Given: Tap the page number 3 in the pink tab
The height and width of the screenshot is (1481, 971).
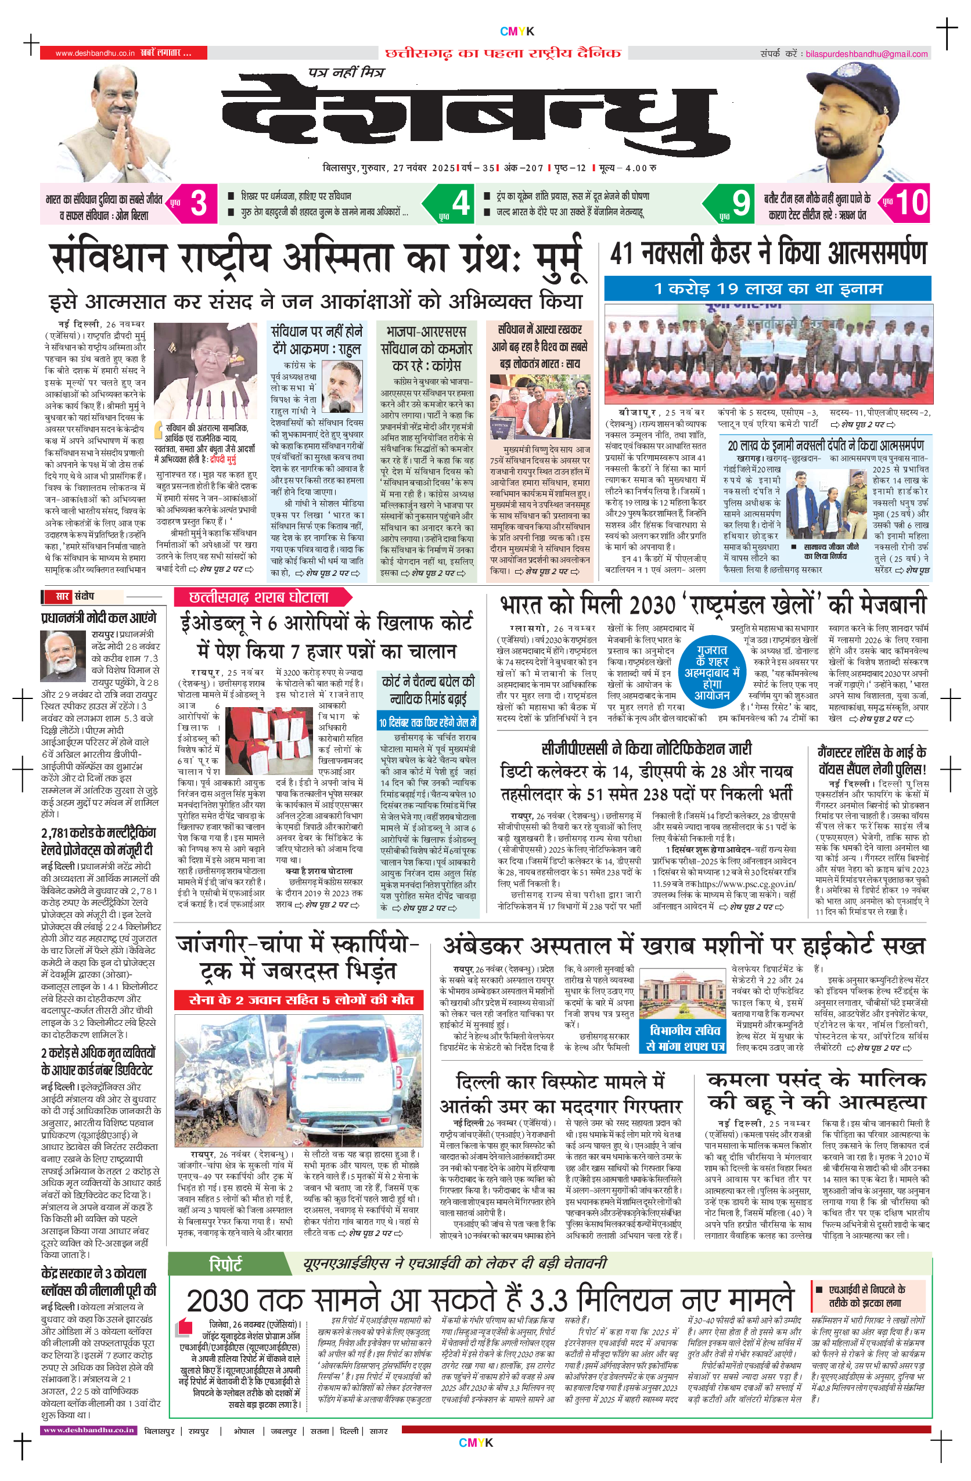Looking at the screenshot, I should pyautogui.click(x=198, y=203).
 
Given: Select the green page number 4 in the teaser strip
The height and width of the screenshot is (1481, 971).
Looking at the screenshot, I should pyautogui.click(x=461, y=203).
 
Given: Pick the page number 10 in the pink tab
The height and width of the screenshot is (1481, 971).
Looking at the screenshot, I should pyautogui.click(x=911, y=203).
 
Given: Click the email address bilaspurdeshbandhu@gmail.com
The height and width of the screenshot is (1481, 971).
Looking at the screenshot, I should pyautogui.click(x=866, y=54).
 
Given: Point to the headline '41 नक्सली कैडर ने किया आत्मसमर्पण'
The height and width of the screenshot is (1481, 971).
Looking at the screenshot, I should pyautogui.click(x=768, y=254).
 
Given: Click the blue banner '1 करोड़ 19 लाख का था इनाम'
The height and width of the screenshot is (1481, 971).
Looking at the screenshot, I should pyautogui.click(x=768, y=289).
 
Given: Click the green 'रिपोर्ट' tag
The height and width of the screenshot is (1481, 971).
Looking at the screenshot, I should pyautogui.click(x=225, y=1264).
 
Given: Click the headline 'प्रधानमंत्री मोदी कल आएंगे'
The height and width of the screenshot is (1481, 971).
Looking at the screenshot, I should pyautogui.click(x=98, y=618).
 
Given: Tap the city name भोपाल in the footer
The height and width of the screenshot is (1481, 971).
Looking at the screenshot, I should pyautogui.click(x=244, y=1430).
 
